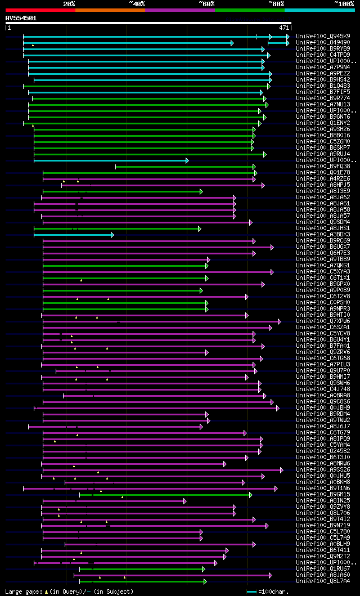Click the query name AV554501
click(x=21, y=18)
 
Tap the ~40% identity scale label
click(x=137, y=3)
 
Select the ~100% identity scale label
click(x=344, y=3)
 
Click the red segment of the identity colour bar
click(x=40, y=10)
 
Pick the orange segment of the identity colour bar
click(x=110, y=10)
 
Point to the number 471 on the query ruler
click(x=284, y=27)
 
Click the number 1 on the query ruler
click(x=9, y=27)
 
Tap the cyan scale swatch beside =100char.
click(x=251, y=591)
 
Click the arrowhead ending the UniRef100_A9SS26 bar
click(x=282, y=469)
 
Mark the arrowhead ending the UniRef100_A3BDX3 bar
click(x=112, y=234)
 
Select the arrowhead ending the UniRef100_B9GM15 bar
click(x=251, y=494)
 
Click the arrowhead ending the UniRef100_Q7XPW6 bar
click(x=279, y=321)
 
